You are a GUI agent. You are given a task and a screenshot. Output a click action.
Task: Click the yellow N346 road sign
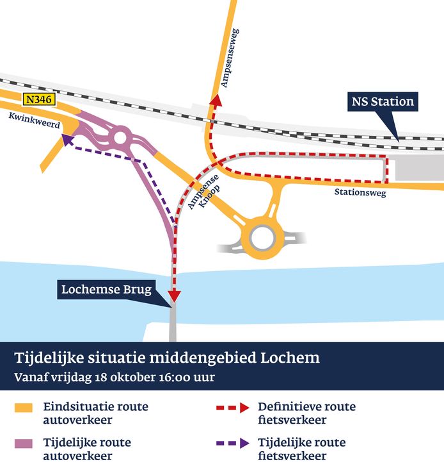40,99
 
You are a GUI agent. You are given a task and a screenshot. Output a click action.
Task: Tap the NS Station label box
383,101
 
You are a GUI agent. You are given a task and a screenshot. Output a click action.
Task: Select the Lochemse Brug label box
106,290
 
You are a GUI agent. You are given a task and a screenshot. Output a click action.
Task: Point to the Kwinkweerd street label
35,121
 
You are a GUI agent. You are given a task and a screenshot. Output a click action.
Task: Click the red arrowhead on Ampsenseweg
216,101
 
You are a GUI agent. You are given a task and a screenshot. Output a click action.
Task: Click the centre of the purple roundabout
120,136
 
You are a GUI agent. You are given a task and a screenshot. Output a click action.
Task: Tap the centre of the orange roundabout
262,237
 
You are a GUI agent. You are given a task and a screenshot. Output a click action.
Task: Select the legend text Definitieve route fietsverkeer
306,413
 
